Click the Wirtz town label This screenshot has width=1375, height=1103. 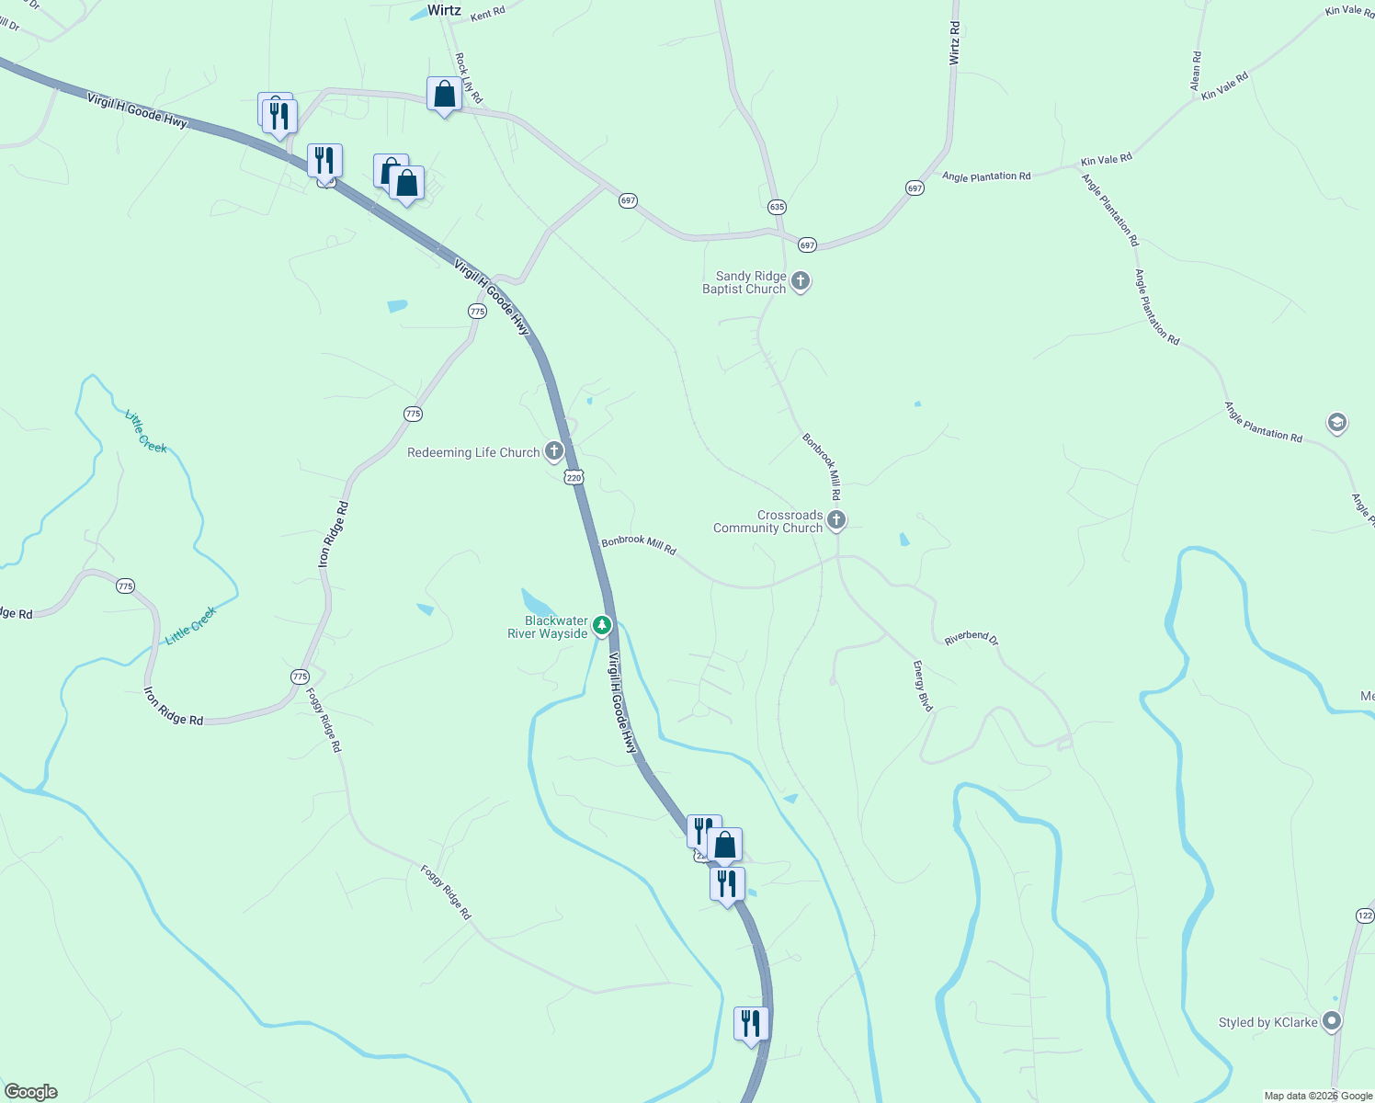pyautogui.click(x=444, y=10)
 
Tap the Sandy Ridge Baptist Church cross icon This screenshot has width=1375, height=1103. pyautogui.click(x=801, y=281)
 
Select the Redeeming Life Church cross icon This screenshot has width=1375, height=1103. pyautogui.click(x=553, y=450)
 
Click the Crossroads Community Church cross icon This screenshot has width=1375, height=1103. pyautogui.click(x=836, y=520)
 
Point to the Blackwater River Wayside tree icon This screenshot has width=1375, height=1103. pyautogui.click(x=602, y=626)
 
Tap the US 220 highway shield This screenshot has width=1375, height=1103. pyautogui.click(x=574, y=477)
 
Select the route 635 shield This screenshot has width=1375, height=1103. pyautogui.click(x=778, y=207)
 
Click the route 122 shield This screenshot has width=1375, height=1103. pyautogui.click(x=1365, y=915)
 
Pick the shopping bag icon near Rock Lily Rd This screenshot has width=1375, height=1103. pyautogui.click(x=444, y=94)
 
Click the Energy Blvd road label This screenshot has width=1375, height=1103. pyautogui.click(x=923, y=686)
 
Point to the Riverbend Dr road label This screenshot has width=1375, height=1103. pyautogui.click(x=971, y=637)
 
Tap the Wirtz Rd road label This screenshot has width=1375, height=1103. pyautogui.click(x=954, y=43)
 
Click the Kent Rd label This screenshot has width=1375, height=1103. pyautogui.click(x=487, y=14)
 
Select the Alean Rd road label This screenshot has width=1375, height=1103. pyautogui.click(x=1196, y=70)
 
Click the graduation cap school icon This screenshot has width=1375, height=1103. pyautogui.click(x=1337, y=423)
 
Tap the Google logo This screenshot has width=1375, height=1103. pyautogui.click(x=30, y=1092)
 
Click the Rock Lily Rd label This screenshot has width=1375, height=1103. pyautogui.click(x=468, y=77)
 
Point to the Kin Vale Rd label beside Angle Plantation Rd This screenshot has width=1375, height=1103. pyautogui.click(x=1106, y=160)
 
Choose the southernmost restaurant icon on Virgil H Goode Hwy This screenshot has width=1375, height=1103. pyautogui.click(x=751, y=1023)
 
